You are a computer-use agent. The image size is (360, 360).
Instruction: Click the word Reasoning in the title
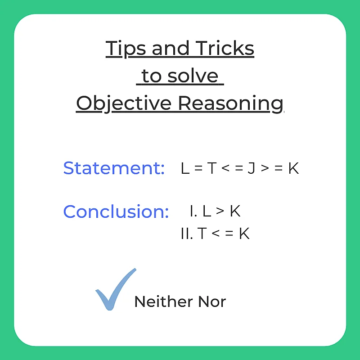[231, 103]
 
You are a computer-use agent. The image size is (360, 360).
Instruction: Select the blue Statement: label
[114, 168]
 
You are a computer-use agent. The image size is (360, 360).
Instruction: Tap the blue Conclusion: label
[116, 211]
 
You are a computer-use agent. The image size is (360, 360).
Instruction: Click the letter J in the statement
[251, 168]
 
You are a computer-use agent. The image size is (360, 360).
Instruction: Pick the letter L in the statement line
[184, 168]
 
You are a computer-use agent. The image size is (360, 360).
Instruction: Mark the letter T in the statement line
[211, 168]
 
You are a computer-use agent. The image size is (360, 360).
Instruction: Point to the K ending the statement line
[293, 168]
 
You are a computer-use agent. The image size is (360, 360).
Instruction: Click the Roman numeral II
[186, 234]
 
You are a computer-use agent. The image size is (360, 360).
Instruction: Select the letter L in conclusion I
[207, 211]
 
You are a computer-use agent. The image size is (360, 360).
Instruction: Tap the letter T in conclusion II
[202, 234]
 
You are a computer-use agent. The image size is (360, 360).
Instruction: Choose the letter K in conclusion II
[244, 234]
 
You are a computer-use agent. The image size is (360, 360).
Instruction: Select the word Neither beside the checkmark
[158, 301]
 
